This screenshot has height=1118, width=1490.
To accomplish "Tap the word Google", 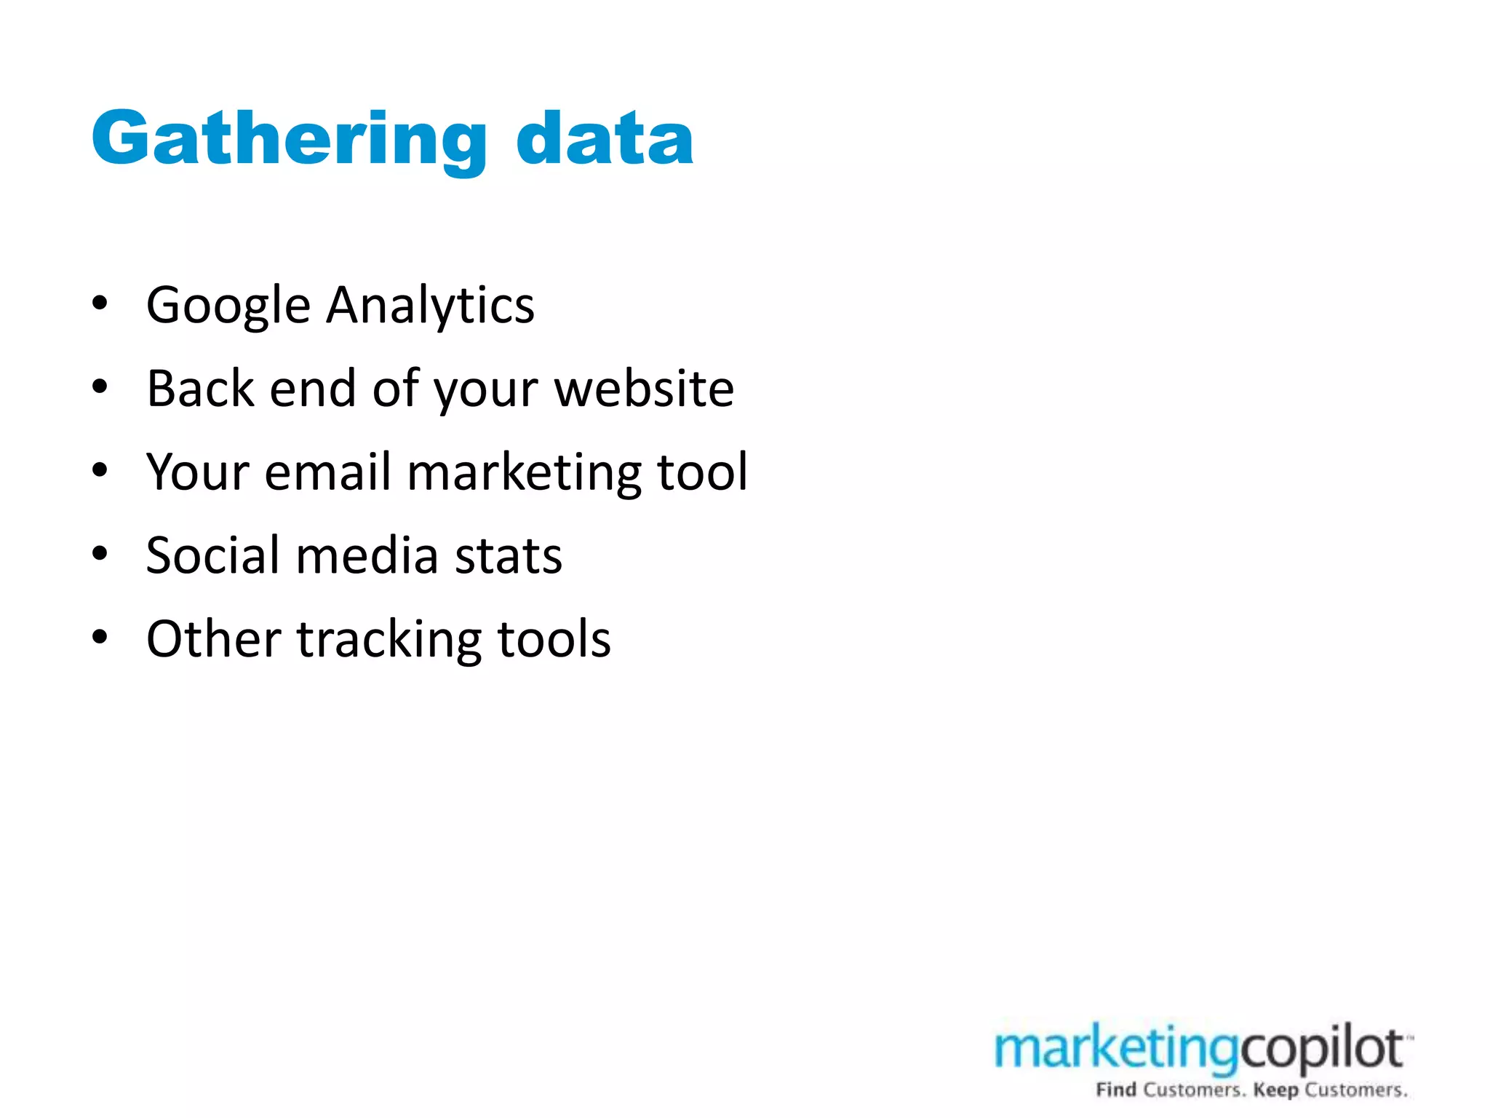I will pos(228,306).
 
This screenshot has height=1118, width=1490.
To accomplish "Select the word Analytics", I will pos(430,306).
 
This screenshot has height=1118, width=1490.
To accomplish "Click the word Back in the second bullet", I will pos(200,389).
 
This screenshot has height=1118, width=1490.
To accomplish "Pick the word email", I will pos(328,472).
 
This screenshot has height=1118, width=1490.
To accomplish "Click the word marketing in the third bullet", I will pos(524,474).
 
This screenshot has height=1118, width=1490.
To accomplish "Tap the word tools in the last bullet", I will pos(554,640).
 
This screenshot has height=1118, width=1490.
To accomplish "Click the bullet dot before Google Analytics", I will pos(100,303).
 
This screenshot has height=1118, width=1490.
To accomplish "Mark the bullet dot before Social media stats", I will pos(100,554).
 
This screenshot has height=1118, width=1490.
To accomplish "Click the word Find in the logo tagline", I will pos(1116,1090).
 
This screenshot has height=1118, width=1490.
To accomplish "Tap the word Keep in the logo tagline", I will pos(1275,1090).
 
